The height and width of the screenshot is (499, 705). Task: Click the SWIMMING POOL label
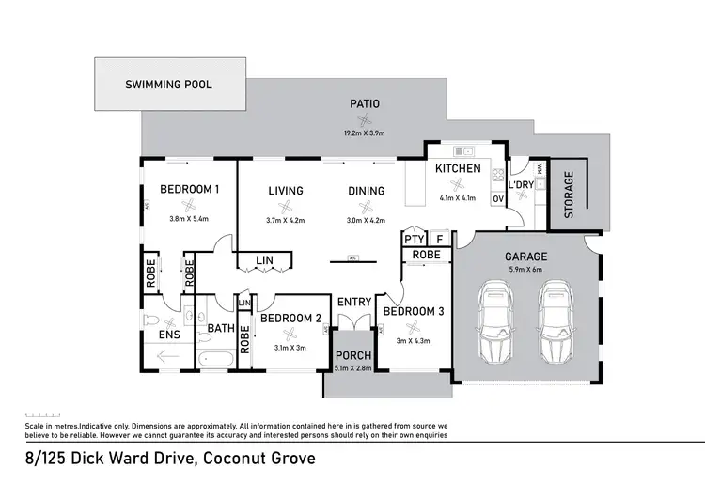point(169,85)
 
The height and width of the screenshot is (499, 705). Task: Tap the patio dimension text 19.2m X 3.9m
point(365,133)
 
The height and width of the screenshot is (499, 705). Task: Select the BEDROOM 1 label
point(189,190)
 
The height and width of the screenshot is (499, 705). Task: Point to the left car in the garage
point(495,323)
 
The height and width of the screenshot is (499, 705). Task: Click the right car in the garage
point(555,323)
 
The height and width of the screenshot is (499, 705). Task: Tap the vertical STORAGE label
point(568,195)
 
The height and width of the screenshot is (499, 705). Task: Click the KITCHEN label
point(458,169)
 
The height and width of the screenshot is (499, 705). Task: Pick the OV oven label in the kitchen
point(496,197)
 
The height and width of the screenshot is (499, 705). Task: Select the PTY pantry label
point(414,240)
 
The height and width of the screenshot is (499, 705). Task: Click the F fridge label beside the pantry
point(439,240)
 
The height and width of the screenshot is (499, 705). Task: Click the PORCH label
point(354,355)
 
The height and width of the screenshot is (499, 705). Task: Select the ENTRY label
point(354,302)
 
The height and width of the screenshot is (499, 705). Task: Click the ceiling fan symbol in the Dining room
point(365,208)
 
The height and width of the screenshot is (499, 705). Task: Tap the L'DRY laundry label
point(521,185)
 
